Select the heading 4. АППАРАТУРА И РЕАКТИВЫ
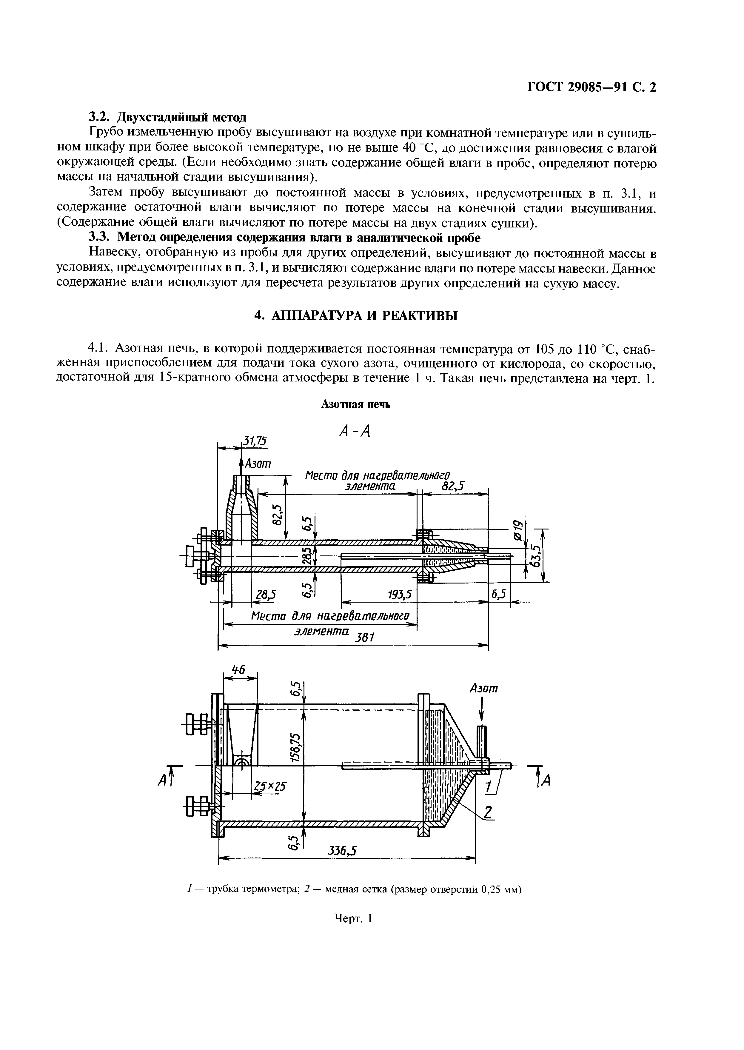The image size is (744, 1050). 356,316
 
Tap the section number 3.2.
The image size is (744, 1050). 100,117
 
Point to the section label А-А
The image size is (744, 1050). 355,431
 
